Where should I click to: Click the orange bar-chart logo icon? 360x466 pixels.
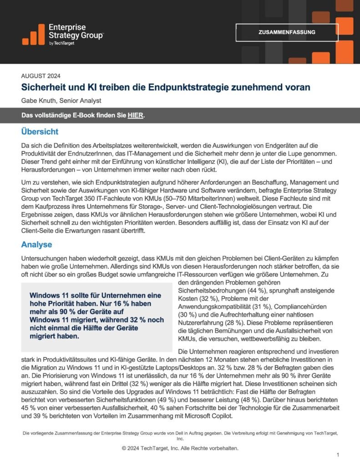(33, 35)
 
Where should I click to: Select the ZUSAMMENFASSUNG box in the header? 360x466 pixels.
(287, 32)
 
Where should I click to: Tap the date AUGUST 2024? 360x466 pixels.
(41, 76)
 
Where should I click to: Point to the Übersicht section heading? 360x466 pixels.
(40, 132)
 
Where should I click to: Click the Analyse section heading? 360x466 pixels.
(37, 245)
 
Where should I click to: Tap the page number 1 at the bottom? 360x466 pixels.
(338, 455)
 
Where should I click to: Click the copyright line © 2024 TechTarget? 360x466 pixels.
(180, 448)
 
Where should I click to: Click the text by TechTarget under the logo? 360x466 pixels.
(61, 43)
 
